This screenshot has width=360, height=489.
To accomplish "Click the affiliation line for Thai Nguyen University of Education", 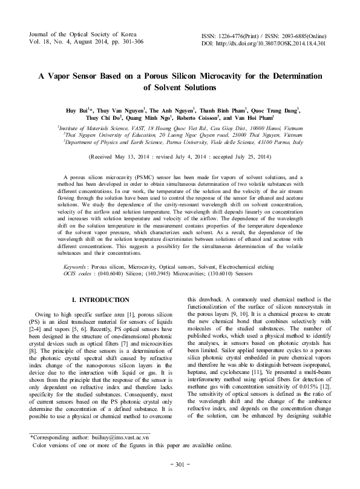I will point(180,136).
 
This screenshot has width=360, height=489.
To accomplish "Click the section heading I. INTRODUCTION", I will point(100,300).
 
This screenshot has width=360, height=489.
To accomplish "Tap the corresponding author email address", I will point(125,453).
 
